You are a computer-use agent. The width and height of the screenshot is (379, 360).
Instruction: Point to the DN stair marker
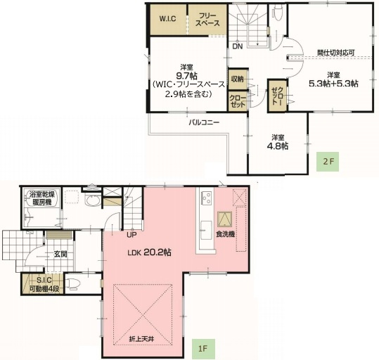(238, 47)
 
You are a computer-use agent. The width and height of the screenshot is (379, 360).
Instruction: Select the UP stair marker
(131, 235)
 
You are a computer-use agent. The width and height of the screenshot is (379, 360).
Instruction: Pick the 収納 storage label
(237, 79)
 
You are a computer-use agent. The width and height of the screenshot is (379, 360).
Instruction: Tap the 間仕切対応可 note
(335, 52)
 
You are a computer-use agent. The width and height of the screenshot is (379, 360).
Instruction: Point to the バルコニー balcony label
(204, 122)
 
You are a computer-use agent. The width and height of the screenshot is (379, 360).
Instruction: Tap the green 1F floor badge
(202, 347)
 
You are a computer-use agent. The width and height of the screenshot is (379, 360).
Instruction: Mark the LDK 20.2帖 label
(149, 254)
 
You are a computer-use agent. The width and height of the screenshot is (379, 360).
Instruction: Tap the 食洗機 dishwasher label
(225, 234)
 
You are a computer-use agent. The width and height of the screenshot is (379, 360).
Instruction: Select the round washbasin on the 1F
(91, 200)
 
